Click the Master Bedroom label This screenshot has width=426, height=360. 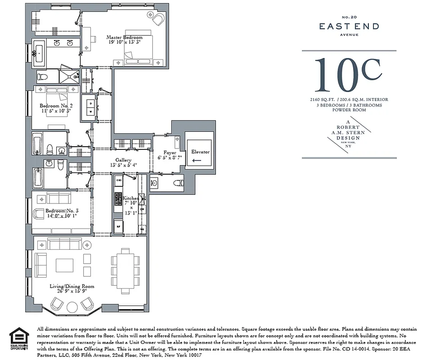tap(124, 37)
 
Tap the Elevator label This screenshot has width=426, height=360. tap(200, 152)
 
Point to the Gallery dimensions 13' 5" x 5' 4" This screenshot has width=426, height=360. tap(123, 166)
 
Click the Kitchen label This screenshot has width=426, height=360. tap(131, 198)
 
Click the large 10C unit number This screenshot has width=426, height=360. tap(349, 75)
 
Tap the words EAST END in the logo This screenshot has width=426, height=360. tap(349, 27)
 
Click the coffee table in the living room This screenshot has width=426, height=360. tap(64, 265)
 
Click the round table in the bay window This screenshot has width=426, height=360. tap(72, 307)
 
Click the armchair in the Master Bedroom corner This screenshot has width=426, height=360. tap(158, 19)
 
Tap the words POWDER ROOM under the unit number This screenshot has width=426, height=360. tap(349, 110)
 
